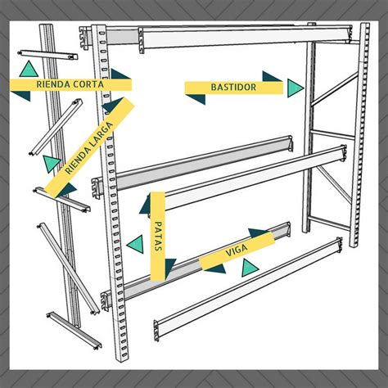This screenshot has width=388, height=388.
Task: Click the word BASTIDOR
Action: coord(233,88)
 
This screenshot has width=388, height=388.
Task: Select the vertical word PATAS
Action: coord(158,236)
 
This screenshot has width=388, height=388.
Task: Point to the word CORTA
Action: coord(89,84)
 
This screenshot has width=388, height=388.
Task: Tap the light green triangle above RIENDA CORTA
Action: coord(29,69)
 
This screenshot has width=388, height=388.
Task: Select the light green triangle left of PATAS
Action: coord(135,244)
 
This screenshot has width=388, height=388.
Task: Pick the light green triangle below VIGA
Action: coord(250,268)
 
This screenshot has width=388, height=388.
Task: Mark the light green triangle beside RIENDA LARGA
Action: coord(51,163)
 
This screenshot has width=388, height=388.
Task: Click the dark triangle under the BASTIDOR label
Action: coord(196,99)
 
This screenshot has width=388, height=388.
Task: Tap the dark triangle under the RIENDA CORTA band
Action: coord(21,96)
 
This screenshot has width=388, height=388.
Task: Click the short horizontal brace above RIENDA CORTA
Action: coord(47,55)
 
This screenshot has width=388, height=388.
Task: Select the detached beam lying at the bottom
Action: coord(248,289)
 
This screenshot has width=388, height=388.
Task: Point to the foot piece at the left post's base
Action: coord(74,330)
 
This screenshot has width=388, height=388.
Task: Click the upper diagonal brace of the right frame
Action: coord(335,88)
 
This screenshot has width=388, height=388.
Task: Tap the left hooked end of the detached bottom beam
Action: coord(156,331)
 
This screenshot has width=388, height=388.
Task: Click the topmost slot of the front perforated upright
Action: coord(102,34)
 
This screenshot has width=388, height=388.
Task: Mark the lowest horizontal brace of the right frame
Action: coord(329,223)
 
